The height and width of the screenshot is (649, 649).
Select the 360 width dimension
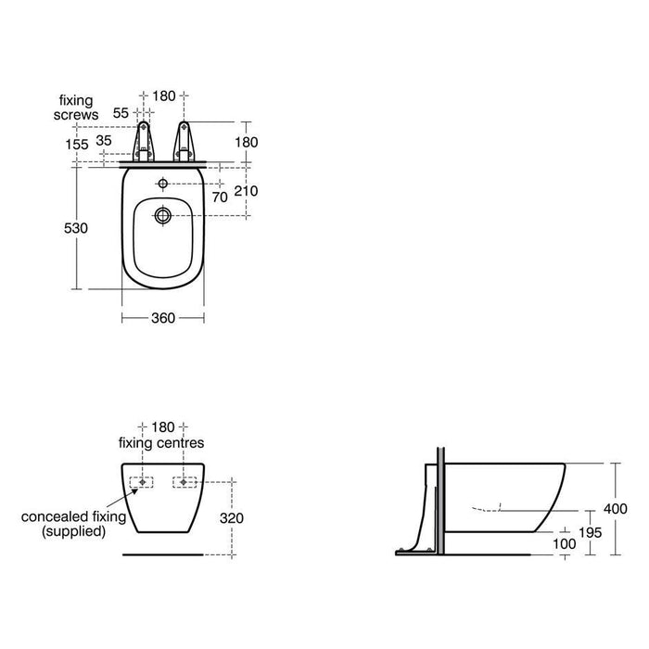(163, 317)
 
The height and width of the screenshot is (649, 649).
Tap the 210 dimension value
(247, 191)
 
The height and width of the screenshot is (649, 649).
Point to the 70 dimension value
(220, 197)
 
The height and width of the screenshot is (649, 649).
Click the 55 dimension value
(121, 112)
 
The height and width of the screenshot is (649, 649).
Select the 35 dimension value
(103, 141)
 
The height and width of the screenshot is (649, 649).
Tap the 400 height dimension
(616, 508)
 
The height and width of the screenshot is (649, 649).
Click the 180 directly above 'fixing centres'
(163, 426)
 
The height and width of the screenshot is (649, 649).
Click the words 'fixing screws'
(77, 105)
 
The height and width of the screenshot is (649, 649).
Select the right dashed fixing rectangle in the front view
(185, 483)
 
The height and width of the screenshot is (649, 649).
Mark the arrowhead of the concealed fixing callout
(140, 484)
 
